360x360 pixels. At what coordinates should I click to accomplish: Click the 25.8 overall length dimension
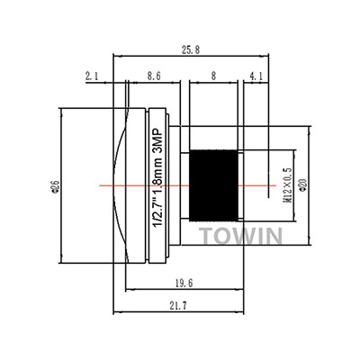pyautogui.click(x=191, y=49)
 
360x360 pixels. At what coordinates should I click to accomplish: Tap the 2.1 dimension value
pyautogui.click(x=92, y=76)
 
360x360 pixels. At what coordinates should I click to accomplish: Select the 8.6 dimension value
pyautogui.click(x=154, y=76)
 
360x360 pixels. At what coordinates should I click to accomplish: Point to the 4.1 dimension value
pyautogui.click(x=256, y=76)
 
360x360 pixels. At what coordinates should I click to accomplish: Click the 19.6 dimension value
pyautogui.click(x=184, y=283)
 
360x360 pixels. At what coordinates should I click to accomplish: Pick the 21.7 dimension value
pyautogui.click(x=178, y=306)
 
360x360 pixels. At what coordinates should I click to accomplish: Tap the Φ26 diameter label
pyautogui.click(x=56, y=186)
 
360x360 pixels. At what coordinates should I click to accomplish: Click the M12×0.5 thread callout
pyautogui.click(x=288, y=185)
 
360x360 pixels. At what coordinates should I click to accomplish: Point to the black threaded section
pyautogui.click(x=213, y=185)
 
